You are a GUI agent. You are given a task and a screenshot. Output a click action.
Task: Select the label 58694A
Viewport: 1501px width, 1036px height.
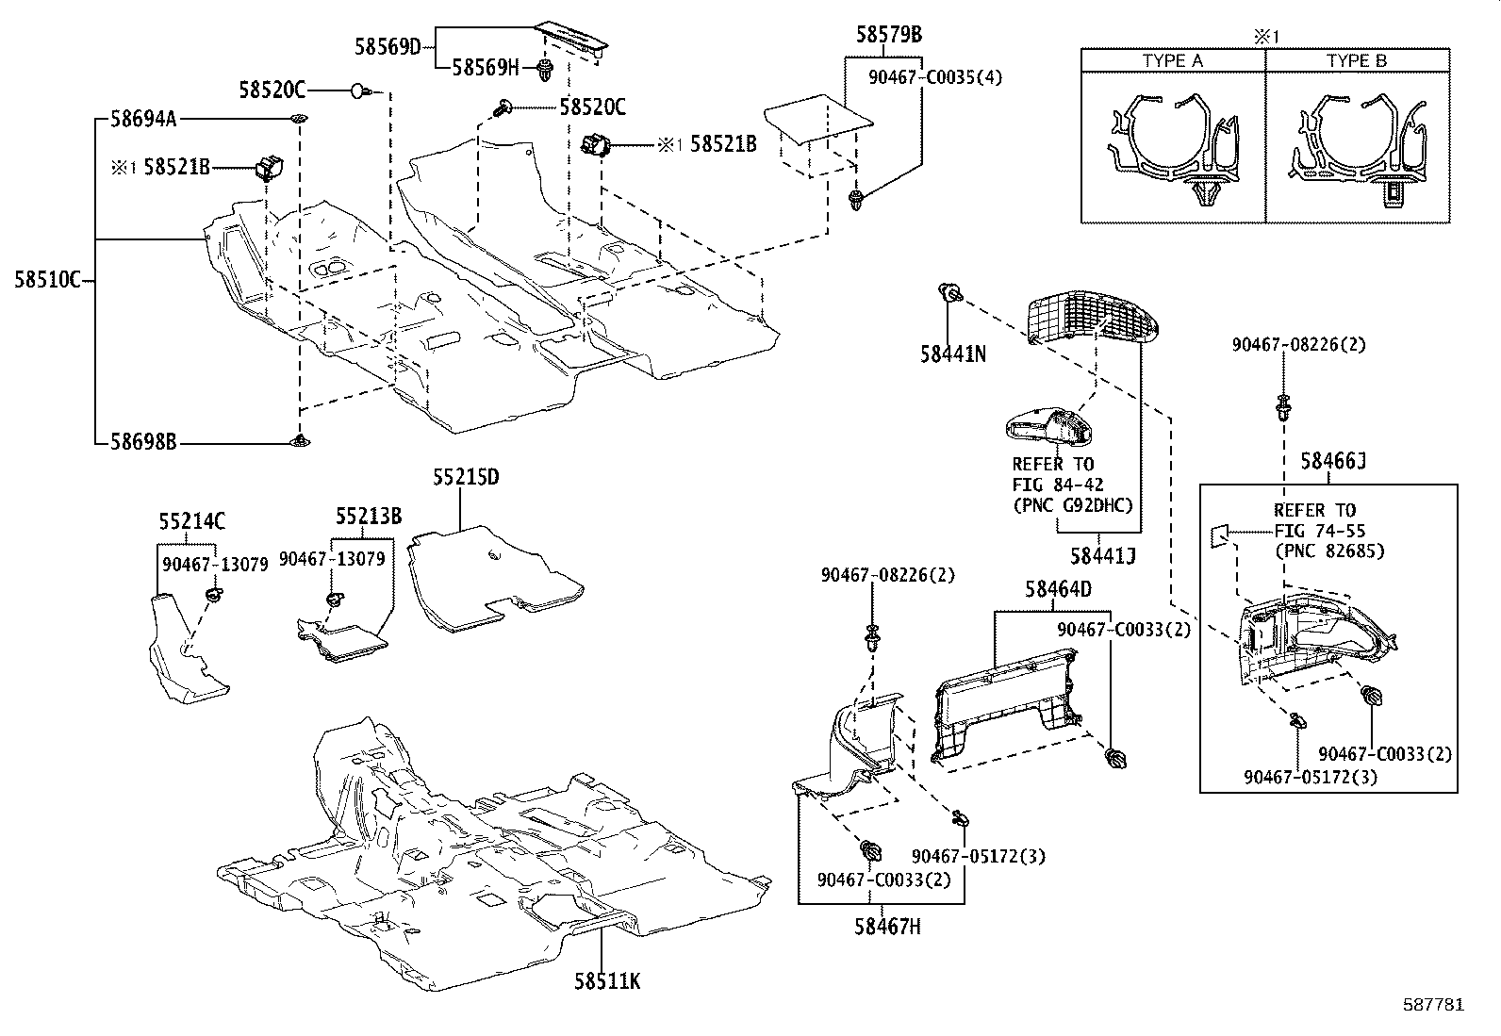(143, 119)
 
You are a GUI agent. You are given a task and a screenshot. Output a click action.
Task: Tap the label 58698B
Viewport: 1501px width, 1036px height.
(143, 441)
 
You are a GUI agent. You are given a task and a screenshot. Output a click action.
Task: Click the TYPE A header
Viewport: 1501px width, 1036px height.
(1172, 60)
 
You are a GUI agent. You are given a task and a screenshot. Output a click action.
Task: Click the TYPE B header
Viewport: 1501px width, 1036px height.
(1357, 60)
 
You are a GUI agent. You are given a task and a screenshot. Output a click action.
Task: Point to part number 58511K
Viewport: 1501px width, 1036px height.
(607, 981)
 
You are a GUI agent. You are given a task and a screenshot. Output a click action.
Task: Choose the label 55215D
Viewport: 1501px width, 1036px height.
(466, 478)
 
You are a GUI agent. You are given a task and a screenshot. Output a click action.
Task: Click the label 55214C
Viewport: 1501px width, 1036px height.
(191, 521)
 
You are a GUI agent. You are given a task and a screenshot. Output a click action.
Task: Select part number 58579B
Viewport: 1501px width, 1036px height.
(888, 36)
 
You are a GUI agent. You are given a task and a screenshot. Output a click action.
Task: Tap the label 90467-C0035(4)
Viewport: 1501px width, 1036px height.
(934, 78)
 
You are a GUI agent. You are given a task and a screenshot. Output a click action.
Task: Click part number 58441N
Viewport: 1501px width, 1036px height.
(953, 354)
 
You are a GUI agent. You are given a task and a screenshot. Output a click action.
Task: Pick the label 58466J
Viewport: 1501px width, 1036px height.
(1333, 461)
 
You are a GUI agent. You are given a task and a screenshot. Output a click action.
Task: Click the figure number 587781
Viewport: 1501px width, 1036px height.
(1433, 1005)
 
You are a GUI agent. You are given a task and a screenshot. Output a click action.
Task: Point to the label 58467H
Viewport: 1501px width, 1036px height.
(887, 927)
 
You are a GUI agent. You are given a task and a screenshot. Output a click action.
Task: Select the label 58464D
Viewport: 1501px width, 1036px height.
(1058, 590)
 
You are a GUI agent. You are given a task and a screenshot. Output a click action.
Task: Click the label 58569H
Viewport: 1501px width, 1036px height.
(486, 67)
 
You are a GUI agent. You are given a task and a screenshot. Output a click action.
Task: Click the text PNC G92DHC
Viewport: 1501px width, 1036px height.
(1072, 504)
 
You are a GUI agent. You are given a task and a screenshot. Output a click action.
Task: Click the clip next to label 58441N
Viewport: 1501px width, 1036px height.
(950, 294)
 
